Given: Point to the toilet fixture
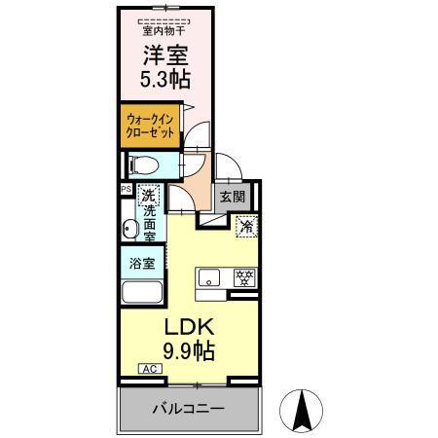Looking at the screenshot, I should pyautogui.click(x=139, y=164).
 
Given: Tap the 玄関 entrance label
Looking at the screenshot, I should pyautogui.click(x=232, y=197).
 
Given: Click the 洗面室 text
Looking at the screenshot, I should pyautogui.click(x=150, y=222).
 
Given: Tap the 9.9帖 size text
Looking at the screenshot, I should pyautogui.click(x=182, y=348).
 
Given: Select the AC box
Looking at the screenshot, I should pyautogui.click(x=149, y=369).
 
